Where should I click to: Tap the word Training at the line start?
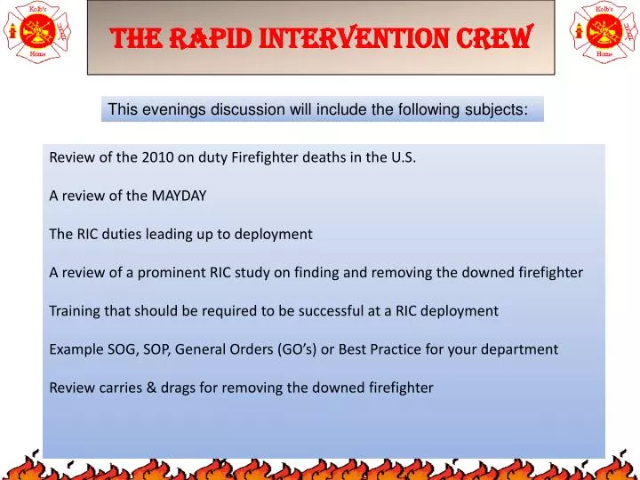[x=75, y=311]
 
